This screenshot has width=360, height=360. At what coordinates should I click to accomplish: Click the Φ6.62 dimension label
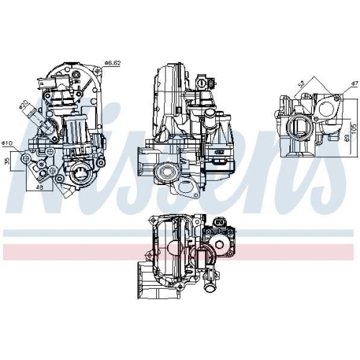click(114, 63)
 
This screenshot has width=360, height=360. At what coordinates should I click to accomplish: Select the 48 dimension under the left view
click(39, 187)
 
